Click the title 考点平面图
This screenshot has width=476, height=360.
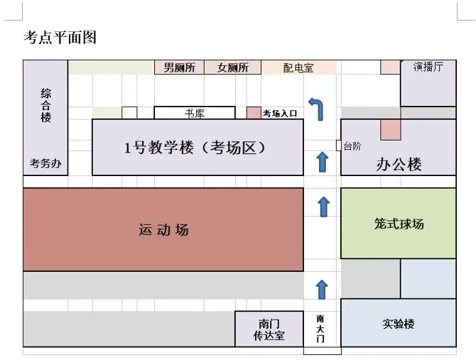coord(60,38)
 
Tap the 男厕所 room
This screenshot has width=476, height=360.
coord(179,67)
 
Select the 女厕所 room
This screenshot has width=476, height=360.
coord(232,67)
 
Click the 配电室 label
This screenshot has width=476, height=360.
coord(298,68)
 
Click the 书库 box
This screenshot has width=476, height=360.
coord(194,113)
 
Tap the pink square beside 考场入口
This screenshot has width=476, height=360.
coord(254,113)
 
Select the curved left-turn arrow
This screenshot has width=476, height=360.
coord(316,108)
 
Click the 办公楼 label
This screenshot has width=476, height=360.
coord(398,165)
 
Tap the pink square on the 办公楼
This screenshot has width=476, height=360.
coord(390,129)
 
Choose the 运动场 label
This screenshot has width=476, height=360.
coord(163,229)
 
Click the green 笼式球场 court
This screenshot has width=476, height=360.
coord(398,224)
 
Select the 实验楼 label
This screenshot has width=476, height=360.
coord(398,323)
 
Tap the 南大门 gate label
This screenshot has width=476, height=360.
coord(321,328)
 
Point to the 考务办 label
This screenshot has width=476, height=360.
coord(45,163)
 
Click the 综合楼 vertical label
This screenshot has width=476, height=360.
coord(46,105)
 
